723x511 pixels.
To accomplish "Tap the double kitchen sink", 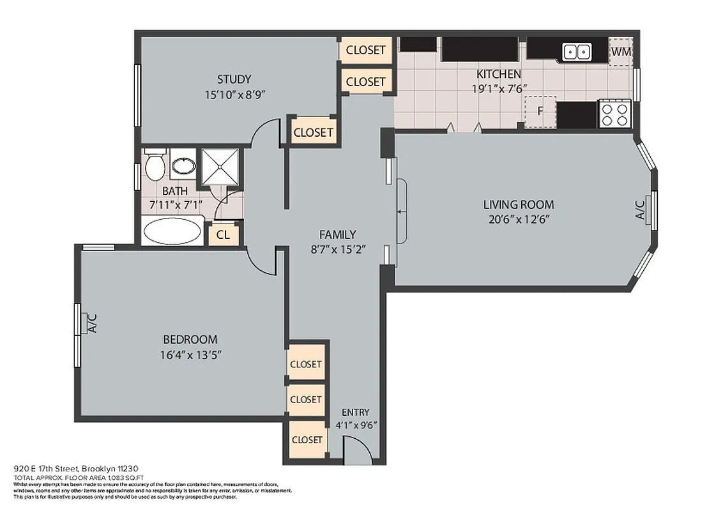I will [x=576, y=52].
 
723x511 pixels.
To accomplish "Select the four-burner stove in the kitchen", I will [x=614, y=114].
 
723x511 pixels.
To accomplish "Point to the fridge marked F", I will [x=540, y=112].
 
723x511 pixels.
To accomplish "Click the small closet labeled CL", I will [x=223, y=234].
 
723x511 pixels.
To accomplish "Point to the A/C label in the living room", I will [x=640, y=210].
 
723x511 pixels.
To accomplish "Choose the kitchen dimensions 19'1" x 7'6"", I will [x=499, y=89].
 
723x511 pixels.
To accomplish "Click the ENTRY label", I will [x=355, y=412].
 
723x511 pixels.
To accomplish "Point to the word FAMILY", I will [x=337, y=234].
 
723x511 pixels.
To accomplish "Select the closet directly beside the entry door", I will [x=307, y=439].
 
